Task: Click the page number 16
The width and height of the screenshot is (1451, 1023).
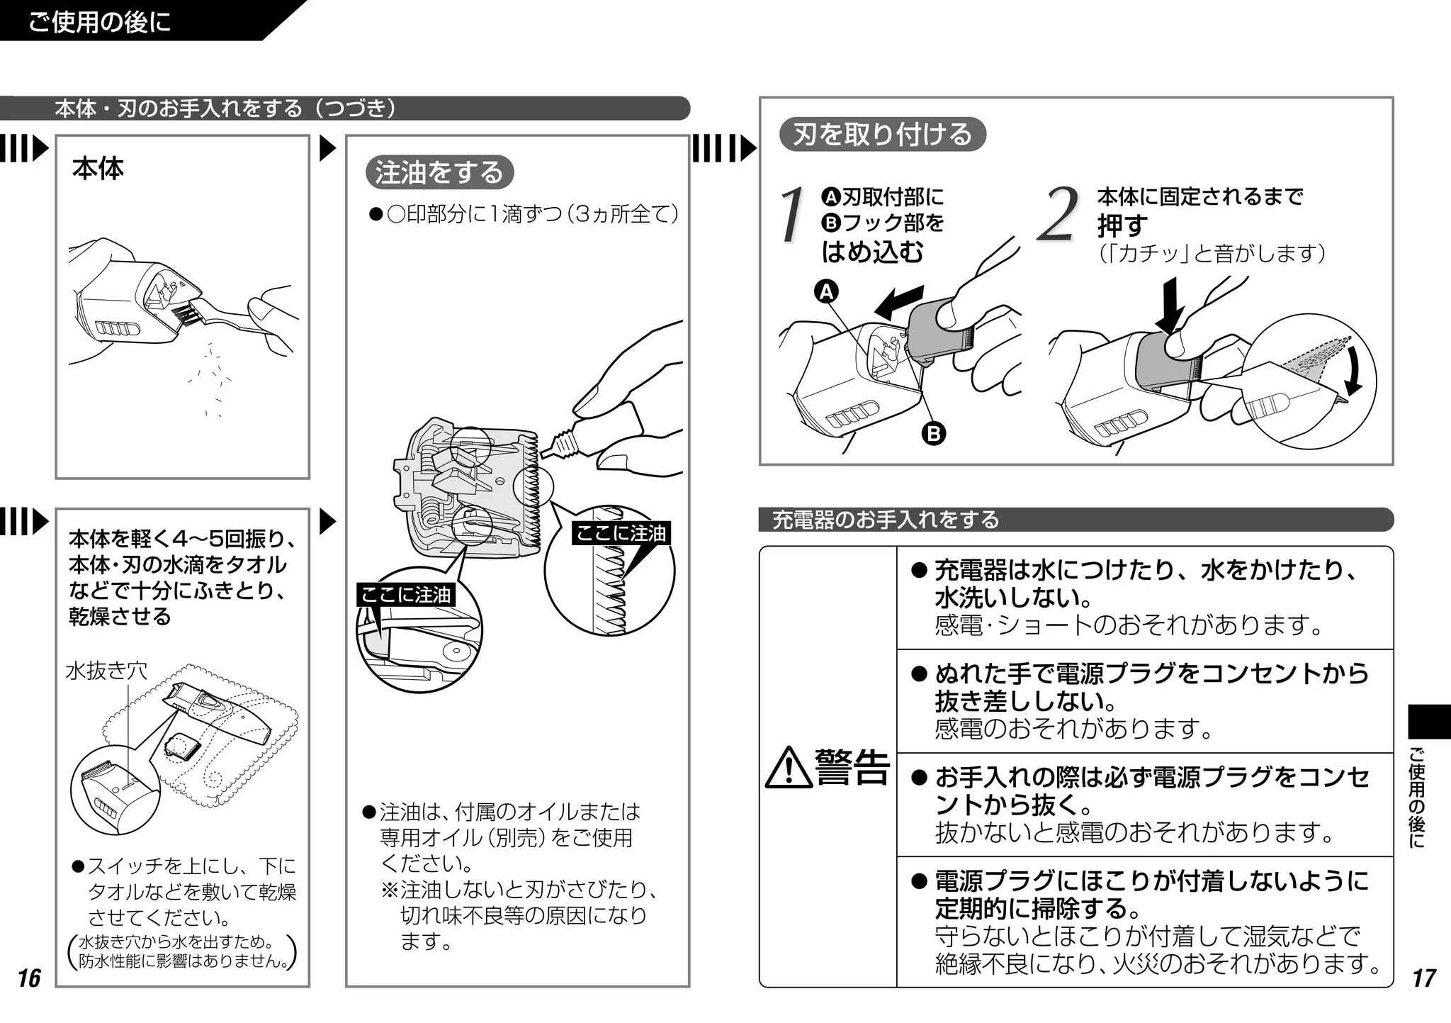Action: click(29, 978)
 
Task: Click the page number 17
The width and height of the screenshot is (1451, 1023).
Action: click(1423, 978)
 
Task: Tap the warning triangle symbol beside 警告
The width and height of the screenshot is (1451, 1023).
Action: click(789, 768)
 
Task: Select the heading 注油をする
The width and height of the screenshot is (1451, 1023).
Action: click(439, 172)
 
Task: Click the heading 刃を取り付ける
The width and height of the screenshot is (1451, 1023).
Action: click(882, 134)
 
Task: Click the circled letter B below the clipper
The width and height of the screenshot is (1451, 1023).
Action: click(934, 432)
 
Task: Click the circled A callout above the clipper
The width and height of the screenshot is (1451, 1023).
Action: click(826, 291)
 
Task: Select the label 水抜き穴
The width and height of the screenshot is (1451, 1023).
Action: click(106, 670)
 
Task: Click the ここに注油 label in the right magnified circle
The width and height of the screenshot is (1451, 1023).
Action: click(621, 533)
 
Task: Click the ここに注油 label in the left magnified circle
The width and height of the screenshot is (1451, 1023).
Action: click(405, 594)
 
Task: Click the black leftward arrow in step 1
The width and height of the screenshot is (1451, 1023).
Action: click(898, 302)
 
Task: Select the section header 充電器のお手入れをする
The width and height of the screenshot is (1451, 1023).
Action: click(885, 520)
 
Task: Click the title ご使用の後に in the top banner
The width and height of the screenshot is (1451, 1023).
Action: click(99, 21)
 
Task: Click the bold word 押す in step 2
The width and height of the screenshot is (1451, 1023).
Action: click(1122, 225)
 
